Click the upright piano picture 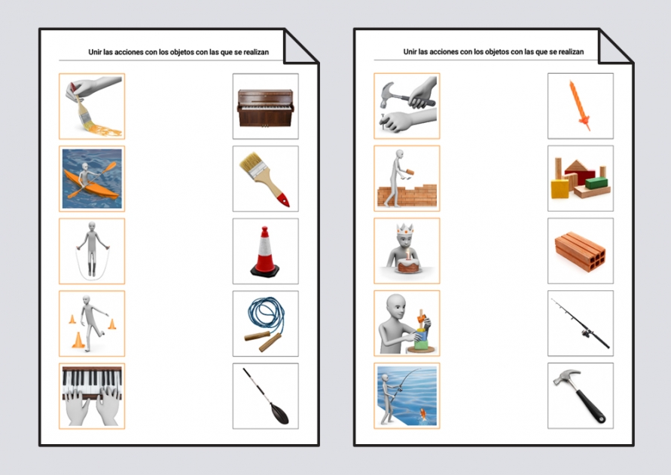(265, 106)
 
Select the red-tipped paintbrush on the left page (265, 179)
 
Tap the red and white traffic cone (265, 251)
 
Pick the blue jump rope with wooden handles (265, 323)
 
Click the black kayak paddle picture (265, 396)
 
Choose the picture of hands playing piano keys (92, 396)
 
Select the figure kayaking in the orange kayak (92, 179)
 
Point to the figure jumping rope (92, 251)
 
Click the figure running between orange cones (92, 323)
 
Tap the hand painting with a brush (92, 106)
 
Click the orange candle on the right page (580, 106)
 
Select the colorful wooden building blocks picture (580, 179)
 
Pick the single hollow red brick (580, 251)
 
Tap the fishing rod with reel (580, 323)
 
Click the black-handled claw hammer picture (580, 396)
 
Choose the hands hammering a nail (407, 106)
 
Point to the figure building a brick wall (407, 179)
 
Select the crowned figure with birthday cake (407, 251)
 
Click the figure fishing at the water (407, 396)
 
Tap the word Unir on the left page (96, 52)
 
